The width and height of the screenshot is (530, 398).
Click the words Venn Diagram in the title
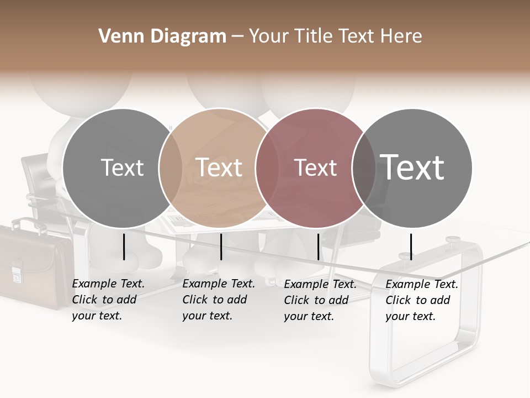pyautogui.click(x=162, y=36)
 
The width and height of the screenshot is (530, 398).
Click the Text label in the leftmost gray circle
pyautogui.click(x=123, y=167)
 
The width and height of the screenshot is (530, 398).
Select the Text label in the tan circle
pyautogui.click(x=219, y=167)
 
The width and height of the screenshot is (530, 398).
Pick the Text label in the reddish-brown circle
pyautogui.click(x=316, y=167)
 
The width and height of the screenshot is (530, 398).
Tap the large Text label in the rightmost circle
pyautogui.click(x=412, y=167)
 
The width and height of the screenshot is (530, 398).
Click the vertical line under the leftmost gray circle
pyautogui.click(x=124, y=247)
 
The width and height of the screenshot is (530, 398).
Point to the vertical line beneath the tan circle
pyautogui.click(x=221, y=247)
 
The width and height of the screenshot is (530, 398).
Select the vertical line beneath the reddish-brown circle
pyautogui.click(x=318, y=247)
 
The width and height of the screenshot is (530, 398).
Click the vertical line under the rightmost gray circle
pyautogui.click(x=411, y=247)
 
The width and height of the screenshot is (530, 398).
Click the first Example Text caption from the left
pyautogui.click(x=108, y=300)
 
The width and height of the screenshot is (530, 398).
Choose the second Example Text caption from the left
pyautogui.click(x=219, y=300)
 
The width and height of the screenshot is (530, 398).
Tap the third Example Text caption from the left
pyautogui.click(x=320, y=300)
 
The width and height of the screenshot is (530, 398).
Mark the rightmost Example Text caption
pyautogui.click(x=422, y=300)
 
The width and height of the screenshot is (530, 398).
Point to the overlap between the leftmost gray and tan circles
pyautogui.click(x=171, y=167)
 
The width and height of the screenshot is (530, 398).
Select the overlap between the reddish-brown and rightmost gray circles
pyautogui.click(x=364, y=167)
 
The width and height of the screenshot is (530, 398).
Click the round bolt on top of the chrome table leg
pyautogui.click(x=453, y=240)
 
